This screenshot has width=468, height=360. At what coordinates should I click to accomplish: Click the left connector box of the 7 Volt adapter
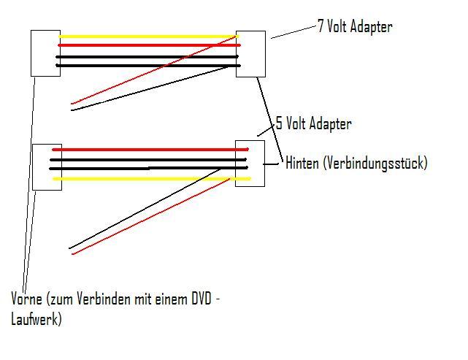click(45, 53)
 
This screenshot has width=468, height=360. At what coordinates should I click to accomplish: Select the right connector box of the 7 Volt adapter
click(250, 53)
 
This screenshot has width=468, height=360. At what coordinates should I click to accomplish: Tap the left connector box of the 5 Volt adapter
click(47, 166)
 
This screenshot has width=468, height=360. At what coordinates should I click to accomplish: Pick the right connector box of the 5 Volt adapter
click(249, 163)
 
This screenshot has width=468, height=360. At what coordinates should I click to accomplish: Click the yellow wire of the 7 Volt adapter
click(146, 36)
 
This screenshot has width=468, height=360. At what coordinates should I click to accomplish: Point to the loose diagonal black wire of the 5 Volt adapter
click(146, 207)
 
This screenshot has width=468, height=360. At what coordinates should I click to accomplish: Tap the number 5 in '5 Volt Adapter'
click(279, 123)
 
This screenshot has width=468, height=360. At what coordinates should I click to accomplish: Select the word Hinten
click(302, 163)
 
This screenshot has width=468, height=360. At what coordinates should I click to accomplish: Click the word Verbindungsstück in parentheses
click(377, 164)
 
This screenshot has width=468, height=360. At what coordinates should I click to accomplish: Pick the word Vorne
click(26, 299)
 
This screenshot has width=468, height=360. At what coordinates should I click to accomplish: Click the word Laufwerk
click(37, 318)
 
